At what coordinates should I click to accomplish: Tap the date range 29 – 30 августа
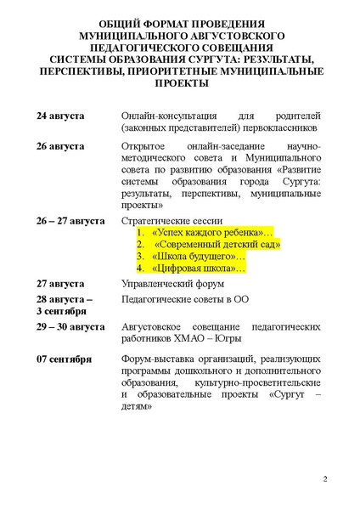tap(70, 326)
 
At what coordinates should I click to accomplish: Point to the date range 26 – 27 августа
tap(70, 220)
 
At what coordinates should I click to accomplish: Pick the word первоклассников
tap(277, 127)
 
